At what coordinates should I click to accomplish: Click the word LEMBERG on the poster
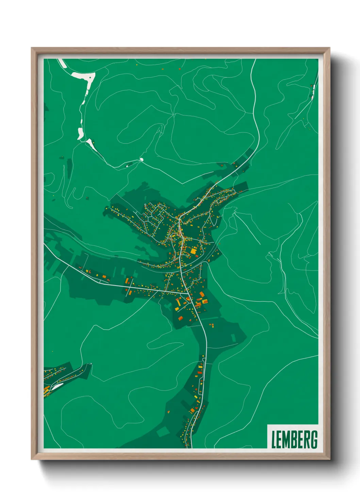pyautogui.click(x=294, y=439)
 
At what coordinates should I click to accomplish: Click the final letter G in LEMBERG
pyautogui.click(x=314, y=439)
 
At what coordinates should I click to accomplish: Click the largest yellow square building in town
pyautogui.click(x=193, y=251)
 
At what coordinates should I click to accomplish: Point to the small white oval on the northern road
pyautogui.click(x=142, y=159)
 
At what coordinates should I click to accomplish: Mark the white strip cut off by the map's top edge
pyautogui.click(x=62, y=63)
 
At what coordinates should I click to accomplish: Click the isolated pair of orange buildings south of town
pyautogui.click(x=211, y=325)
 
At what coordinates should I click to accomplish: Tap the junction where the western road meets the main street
pyautogui.click(x=187, y=292)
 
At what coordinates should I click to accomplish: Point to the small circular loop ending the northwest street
pyautogui.click(x=145, y=205)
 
